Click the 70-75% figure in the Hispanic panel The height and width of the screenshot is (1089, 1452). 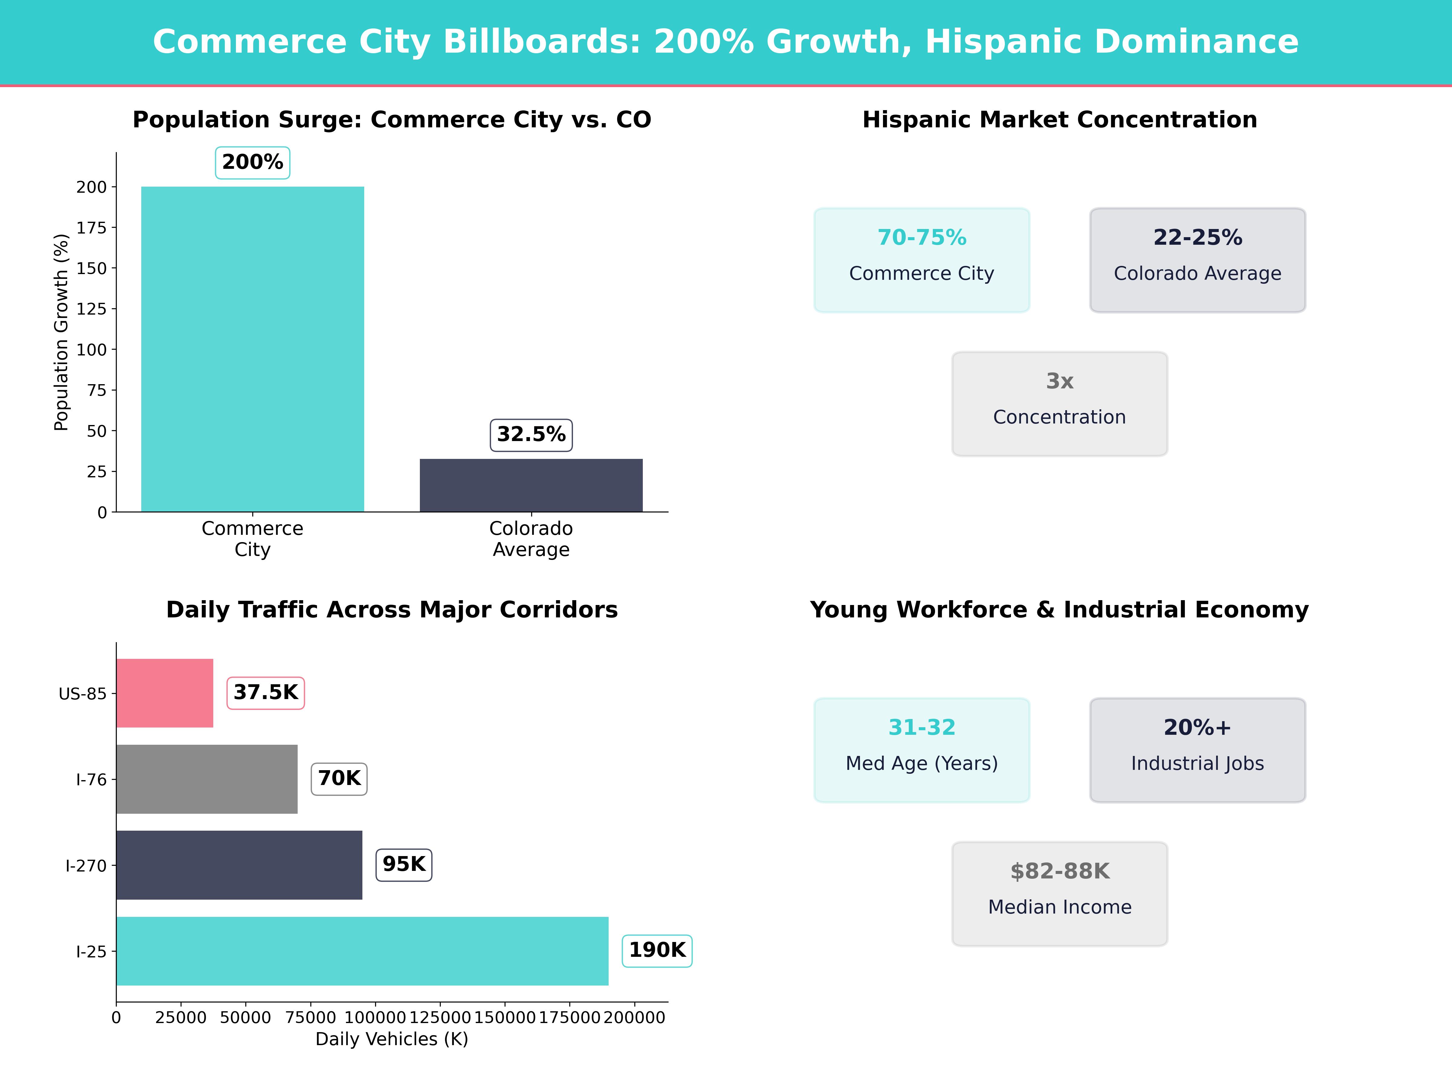[x=922, y=238]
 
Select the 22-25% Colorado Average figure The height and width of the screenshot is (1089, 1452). [x=1197, y=238]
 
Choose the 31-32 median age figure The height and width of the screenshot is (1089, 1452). [x=922, y=727]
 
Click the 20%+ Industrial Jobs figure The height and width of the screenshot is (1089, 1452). [x=1197, y=727]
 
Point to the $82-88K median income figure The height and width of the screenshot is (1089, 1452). [x=1059, y=871]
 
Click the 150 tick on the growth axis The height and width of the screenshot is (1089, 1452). [x=91, y=269]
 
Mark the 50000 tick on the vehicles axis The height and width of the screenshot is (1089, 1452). [x=246, y=1017]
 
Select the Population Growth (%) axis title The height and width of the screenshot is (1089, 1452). [x=61, y=332]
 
